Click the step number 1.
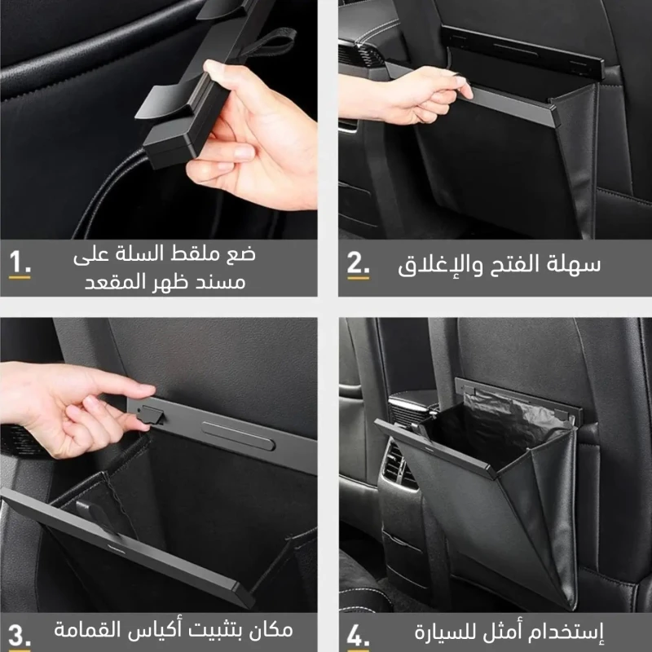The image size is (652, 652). [20, 262]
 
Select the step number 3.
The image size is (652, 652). [19, 636]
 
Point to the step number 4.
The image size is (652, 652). [358, 636]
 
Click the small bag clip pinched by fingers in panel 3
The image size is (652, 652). [151, 415]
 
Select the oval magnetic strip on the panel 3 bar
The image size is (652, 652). [238, 436]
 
